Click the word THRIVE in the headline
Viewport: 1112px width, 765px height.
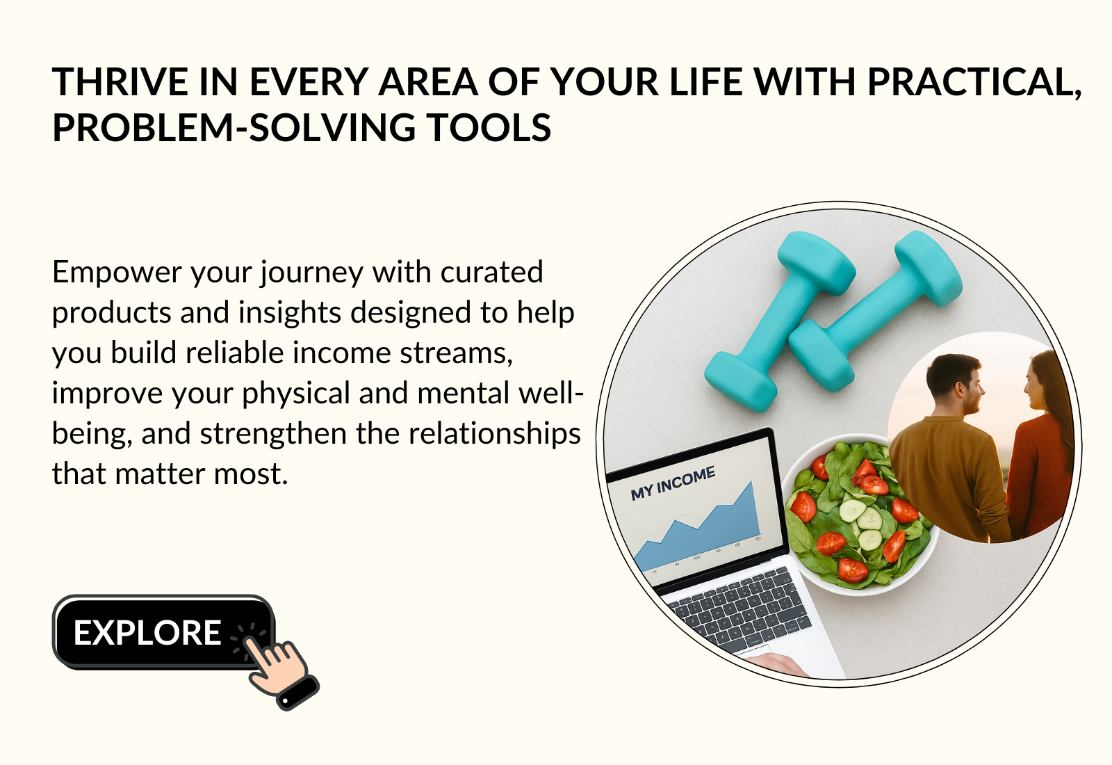(x=120, y=82)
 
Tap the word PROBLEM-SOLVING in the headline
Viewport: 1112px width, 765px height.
(x=234, y=128)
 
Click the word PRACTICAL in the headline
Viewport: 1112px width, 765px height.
(x=974, y=83)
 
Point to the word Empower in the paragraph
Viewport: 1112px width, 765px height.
(x=117, y=274)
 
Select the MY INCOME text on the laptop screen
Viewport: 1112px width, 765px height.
(x=673, y=483)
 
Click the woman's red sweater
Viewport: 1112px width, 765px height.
(x=1040, y=477)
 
